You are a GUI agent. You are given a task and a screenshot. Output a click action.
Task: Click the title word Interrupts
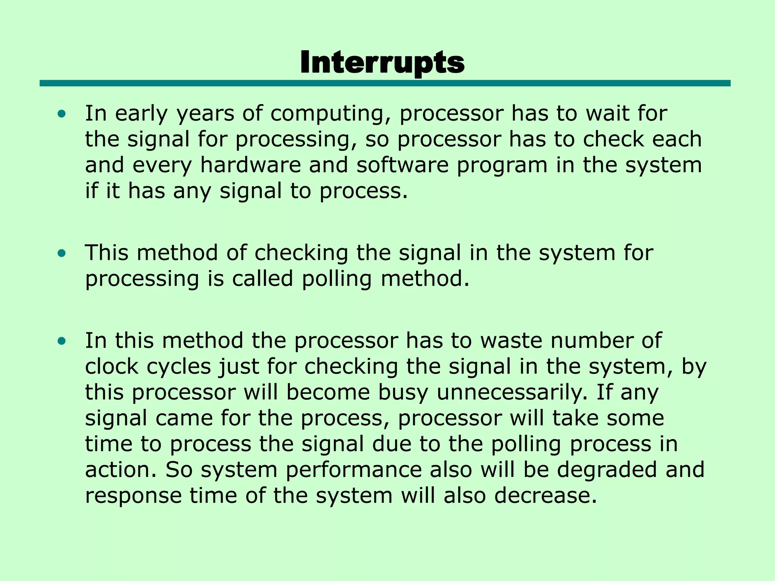pyautogui.click(x=382, y=63)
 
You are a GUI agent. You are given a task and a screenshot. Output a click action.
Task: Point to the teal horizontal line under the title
pyautogui.click(x=385, y=83)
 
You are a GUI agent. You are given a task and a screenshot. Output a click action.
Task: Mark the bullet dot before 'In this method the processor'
pyautogui.click(x=62, y=341)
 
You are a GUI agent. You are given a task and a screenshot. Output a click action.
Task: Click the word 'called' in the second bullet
pyautogui.click(x=263, y=279)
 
